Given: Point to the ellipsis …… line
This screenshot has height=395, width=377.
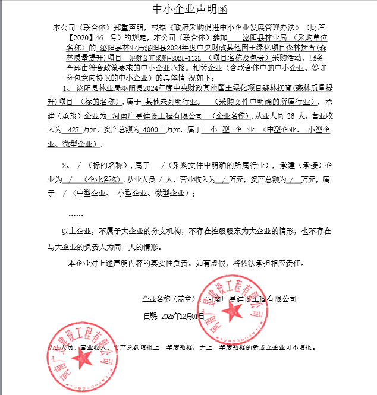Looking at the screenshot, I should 76,214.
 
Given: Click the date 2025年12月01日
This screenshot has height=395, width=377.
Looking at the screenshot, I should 178,316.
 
